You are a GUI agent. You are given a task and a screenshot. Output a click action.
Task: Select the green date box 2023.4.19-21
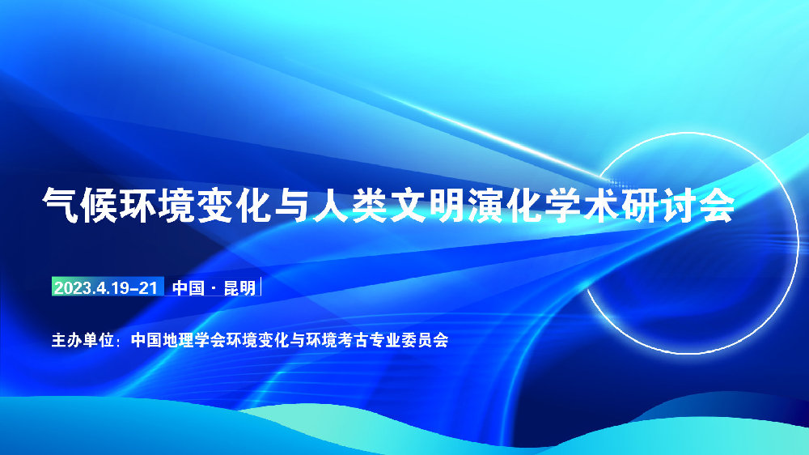108,287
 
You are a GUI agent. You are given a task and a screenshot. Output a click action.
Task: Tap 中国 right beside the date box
188,287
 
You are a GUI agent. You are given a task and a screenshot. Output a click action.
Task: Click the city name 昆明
240,287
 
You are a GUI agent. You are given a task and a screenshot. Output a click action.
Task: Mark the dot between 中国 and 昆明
214,288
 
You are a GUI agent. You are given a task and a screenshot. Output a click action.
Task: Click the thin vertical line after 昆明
261,287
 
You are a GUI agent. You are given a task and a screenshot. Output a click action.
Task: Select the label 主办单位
83,340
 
